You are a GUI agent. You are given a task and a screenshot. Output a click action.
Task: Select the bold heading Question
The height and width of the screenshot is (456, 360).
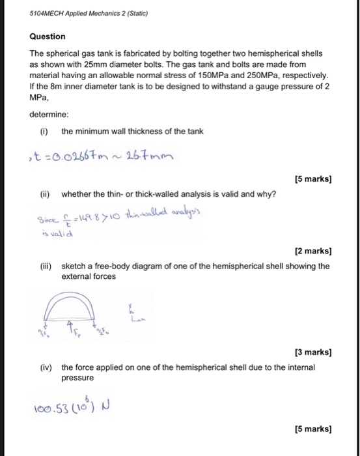click(x=48, y=36)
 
